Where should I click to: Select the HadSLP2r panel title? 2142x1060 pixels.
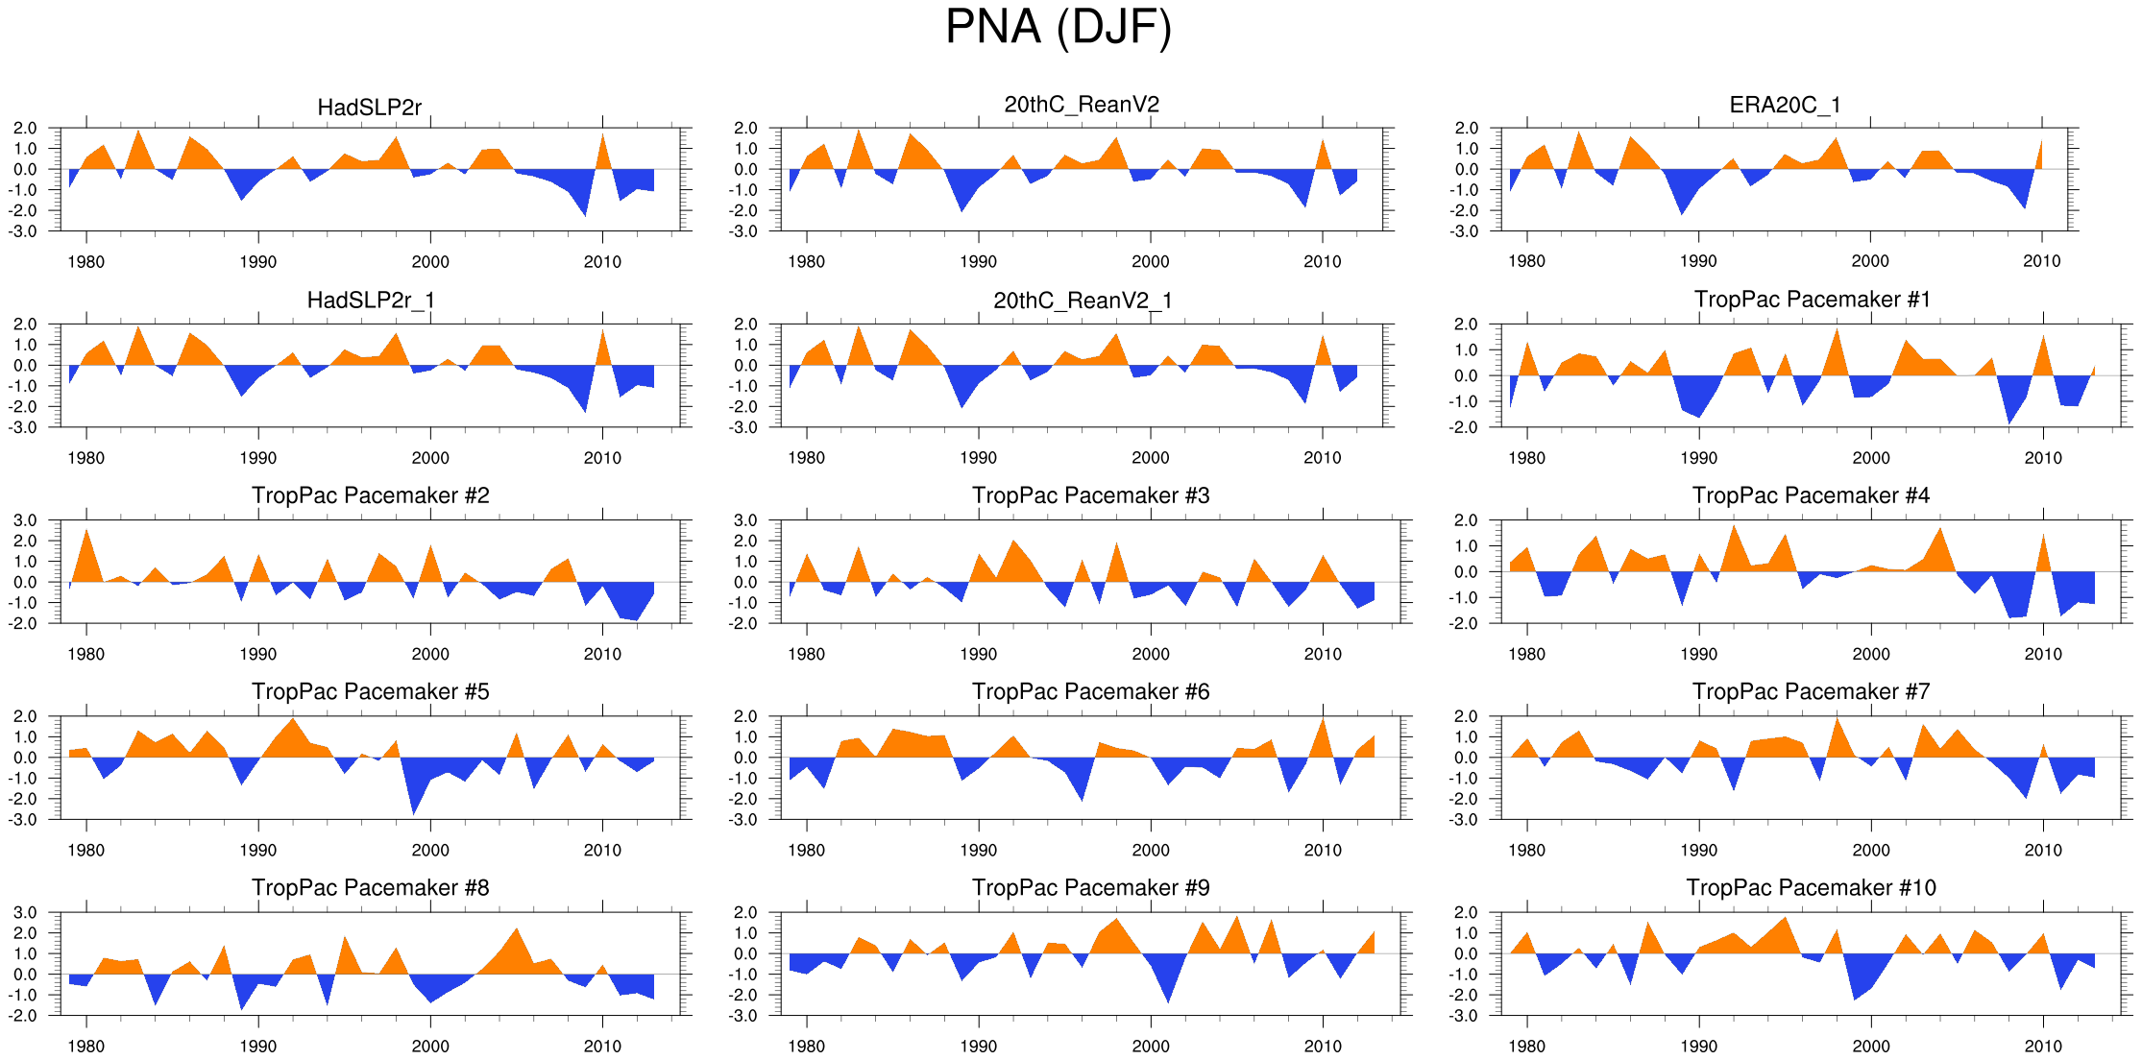(x=369, y=108)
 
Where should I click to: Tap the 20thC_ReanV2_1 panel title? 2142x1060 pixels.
(x=1083, y=301)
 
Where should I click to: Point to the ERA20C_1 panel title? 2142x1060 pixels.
(x=1785, y=105)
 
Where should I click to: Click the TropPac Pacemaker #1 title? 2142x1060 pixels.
(x=1812, y=300)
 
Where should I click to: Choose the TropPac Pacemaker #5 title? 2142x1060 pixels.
(x=370, y=691)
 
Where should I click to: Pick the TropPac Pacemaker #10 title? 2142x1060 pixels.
(x=1811, y=887)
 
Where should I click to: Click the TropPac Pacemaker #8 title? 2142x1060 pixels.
(x=370, y=887)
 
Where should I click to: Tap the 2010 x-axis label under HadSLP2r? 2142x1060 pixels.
(x=602, y=262)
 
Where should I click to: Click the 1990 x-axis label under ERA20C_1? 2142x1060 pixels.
(x=1698, y=261)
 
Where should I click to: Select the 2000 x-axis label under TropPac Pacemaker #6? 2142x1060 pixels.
(x=1150, y=850)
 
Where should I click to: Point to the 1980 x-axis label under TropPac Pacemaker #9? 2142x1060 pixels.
(x=806, y=1046)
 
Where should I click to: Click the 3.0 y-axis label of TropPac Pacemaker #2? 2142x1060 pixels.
(x=25, y=520)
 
